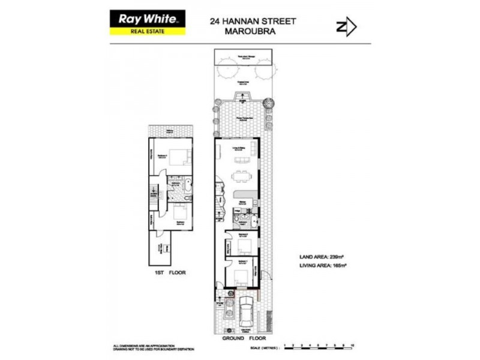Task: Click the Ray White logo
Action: (x=147, y=19)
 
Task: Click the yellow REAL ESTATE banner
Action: (x=147, y=32)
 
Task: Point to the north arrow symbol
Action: (x=346, y=27)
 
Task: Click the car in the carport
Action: (x=244, y=312)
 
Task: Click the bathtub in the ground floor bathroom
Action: (x=254, y=221)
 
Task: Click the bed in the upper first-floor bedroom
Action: (x=179, y=158)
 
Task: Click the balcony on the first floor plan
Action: (x=170, y=131)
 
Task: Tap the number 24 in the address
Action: (x=215, y=21)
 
